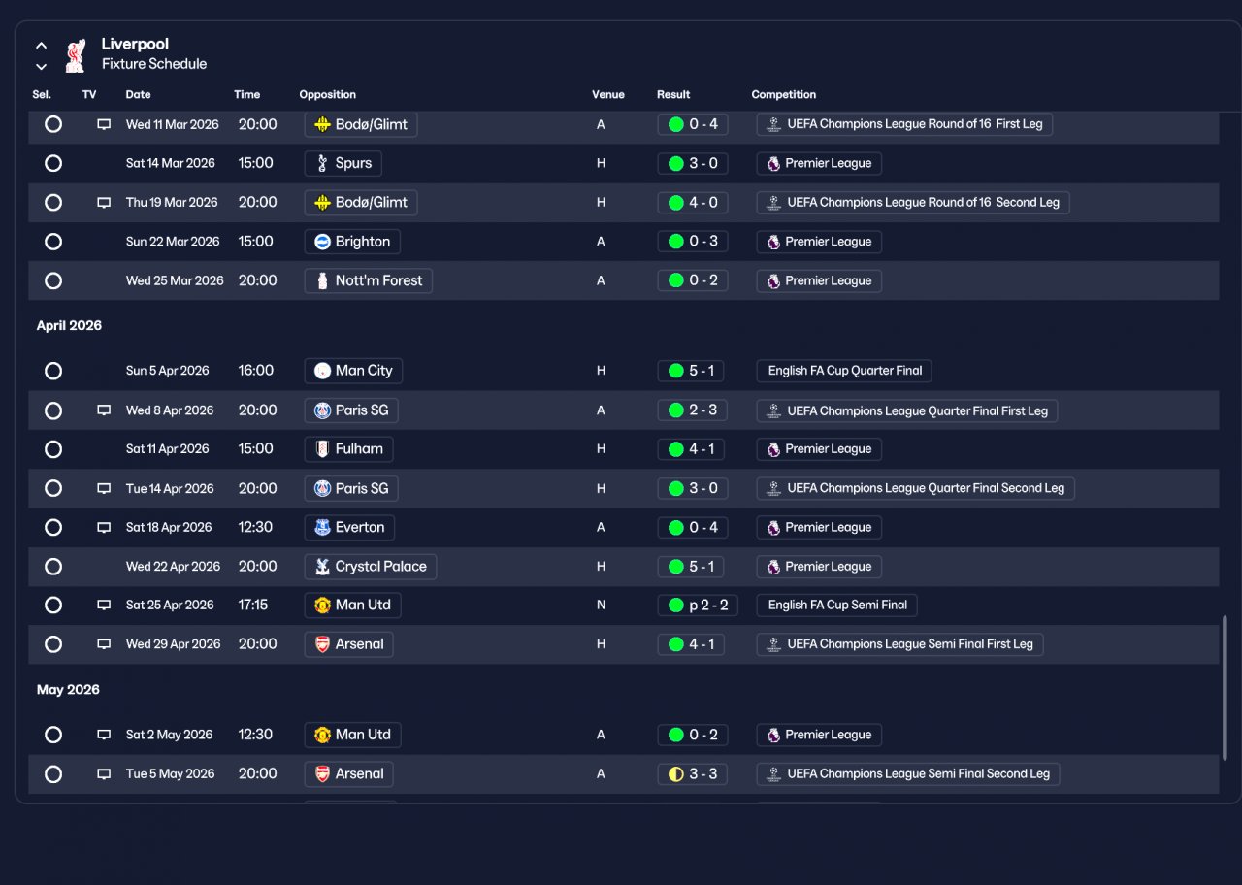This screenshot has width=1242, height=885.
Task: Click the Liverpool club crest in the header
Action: pyautogui.click(x=76, y=55)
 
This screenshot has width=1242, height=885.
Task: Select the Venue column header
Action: pyautogui.click(x=607, y=94)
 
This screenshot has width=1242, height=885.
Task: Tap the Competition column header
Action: pyautogui.click(x=783, y=94)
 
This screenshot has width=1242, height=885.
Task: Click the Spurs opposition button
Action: pyautogui.click(x=343, y=163)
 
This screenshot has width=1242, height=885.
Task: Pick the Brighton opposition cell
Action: pyautogui.click(x=352, y=242)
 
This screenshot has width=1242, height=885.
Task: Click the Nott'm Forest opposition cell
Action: pyautogui.click(x=368, y=280)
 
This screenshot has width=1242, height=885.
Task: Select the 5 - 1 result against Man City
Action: pyautogui.click(x=691, y=371)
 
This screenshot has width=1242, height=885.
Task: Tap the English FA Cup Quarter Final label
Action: pyautogui.click(x=844, y=371)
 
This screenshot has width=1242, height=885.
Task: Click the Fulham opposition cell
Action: pyautogui.click(x=348, y=449)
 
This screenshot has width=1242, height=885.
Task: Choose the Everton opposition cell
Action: pyautogui.click(x=349, y=527)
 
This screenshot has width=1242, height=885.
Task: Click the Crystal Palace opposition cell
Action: pyautogui.click(x=371, y=567)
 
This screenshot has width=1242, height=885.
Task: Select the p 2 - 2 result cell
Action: pyautogui.click(x=698, y=605)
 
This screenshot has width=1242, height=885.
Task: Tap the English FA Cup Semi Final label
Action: pyautogui.click(x=836, y=605)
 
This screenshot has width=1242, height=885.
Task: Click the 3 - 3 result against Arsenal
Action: pyautogui.click(x=693, y=774)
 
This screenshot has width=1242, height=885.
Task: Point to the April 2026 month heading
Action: pyautogui.click(x=69, y=325)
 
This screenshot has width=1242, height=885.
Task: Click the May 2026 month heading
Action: pyautogui.click(x=68, y=690)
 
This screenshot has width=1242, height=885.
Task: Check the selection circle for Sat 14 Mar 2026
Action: pyautogui.click(x=53, y=163)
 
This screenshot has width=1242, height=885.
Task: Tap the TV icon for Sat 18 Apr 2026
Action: pyautogui.click(x=104, y=527)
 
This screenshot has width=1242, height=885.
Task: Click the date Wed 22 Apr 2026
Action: pyautogui.click(x=173, y=566)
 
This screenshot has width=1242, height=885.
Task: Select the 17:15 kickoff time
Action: pyautogui.click(x=253, y=605)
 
